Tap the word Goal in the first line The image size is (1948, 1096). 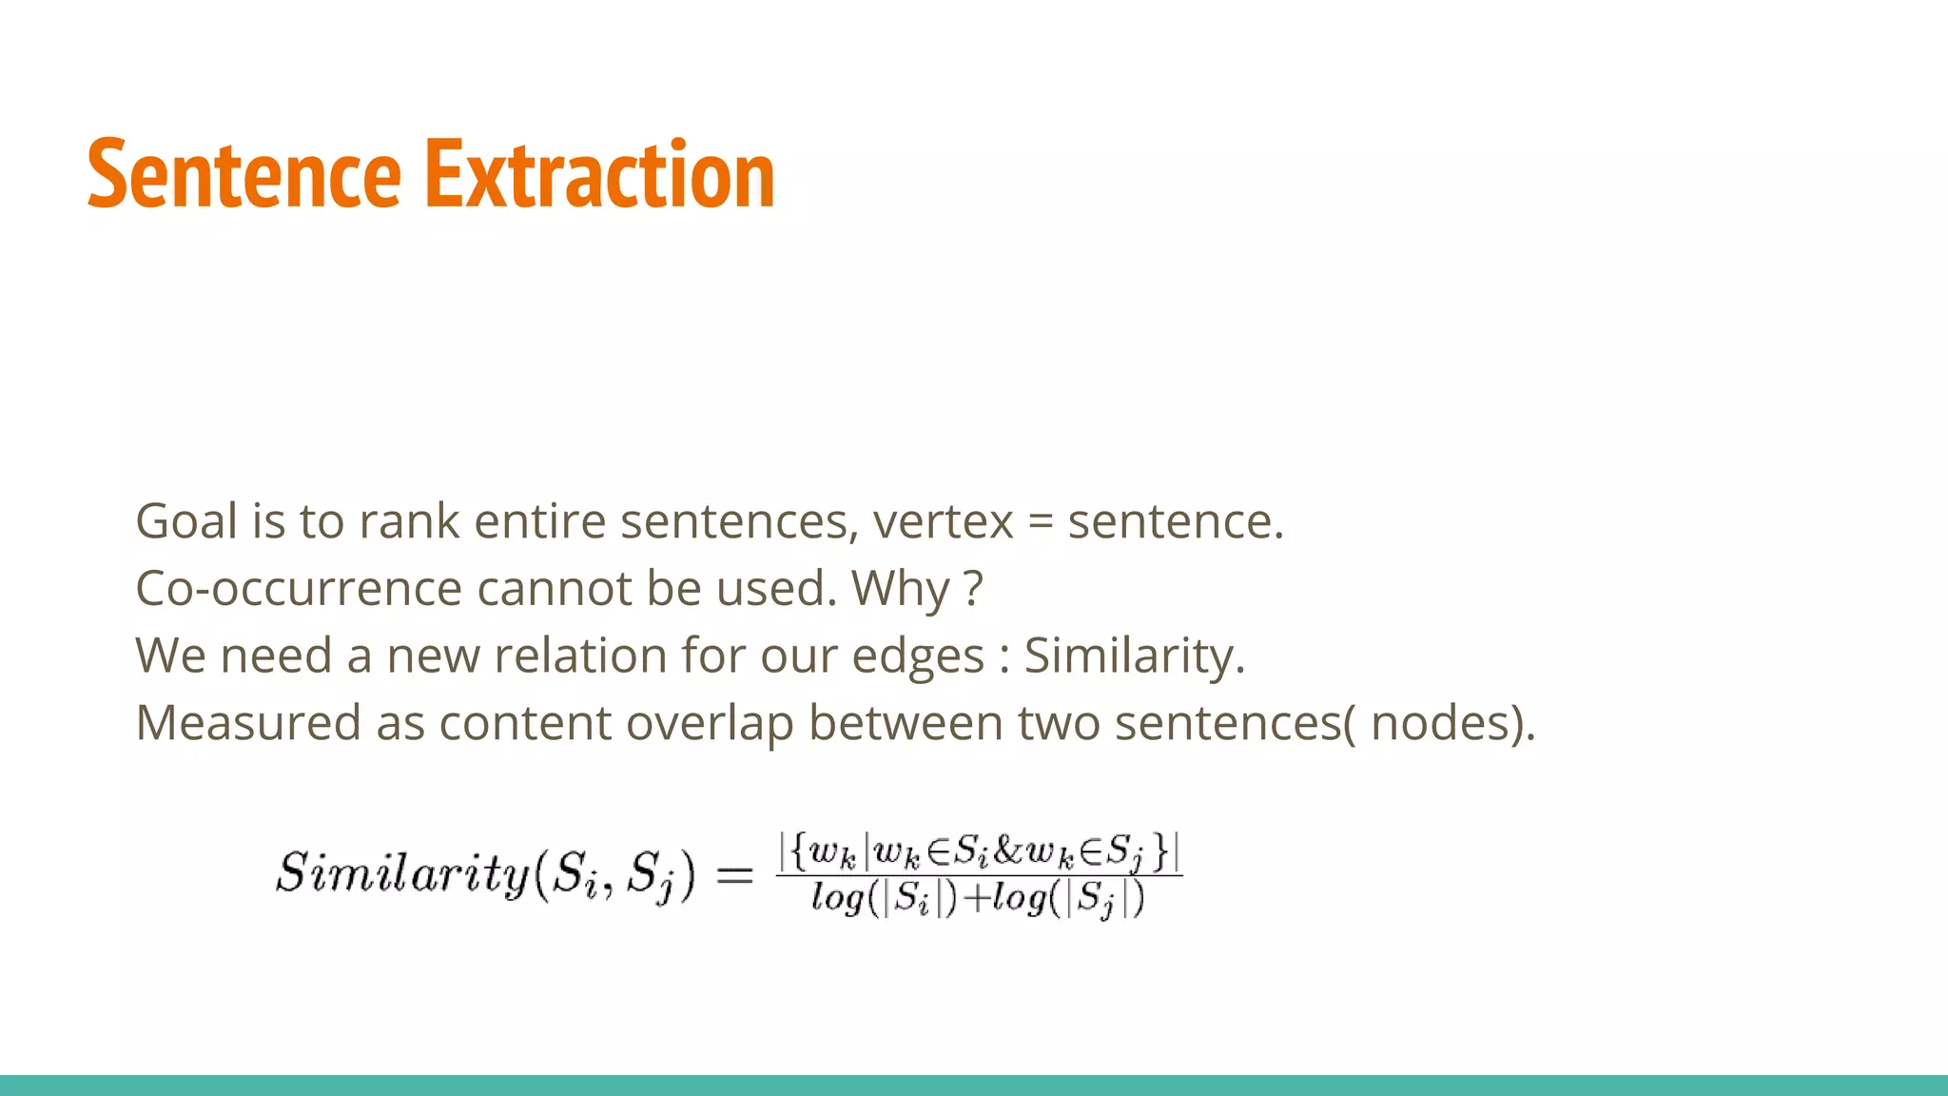tap(186, 521)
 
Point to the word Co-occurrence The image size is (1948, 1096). tap(298, 589)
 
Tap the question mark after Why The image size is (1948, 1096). tap(972, 589)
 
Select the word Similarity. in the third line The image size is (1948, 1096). tap(1134, 656)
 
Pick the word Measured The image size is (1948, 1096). tap(247, 723)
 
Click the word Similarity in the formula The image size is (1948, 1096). tap(402, 873)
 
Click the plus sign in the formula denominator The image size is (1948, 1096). tap(975, 899)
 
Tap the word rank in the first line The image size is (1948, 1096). tap(409, 521)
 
